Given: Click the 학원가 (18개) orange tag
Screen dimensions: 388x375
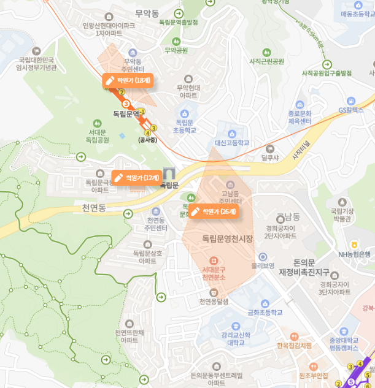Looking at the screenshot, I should (128, 80).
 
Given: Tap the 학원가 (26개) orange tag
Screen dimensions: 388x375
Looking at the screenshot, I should (213, 211).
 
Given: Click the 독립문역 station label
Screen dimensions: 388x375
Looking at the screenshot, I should (126, 113).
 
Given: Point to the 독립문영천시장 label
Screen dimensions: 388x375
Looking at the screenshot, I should (227, 238).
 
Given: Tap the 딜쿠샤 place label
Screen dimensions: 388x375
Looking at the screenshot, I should (269, 158).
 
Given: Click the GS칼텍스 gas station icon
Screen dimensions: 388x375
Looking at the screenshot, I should (350, 101).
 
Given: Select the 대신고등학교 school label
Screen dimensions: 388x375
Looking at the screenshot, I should (232, 143).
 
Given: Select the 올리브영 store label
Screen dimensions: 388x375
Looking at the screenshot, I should (262, 265).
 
